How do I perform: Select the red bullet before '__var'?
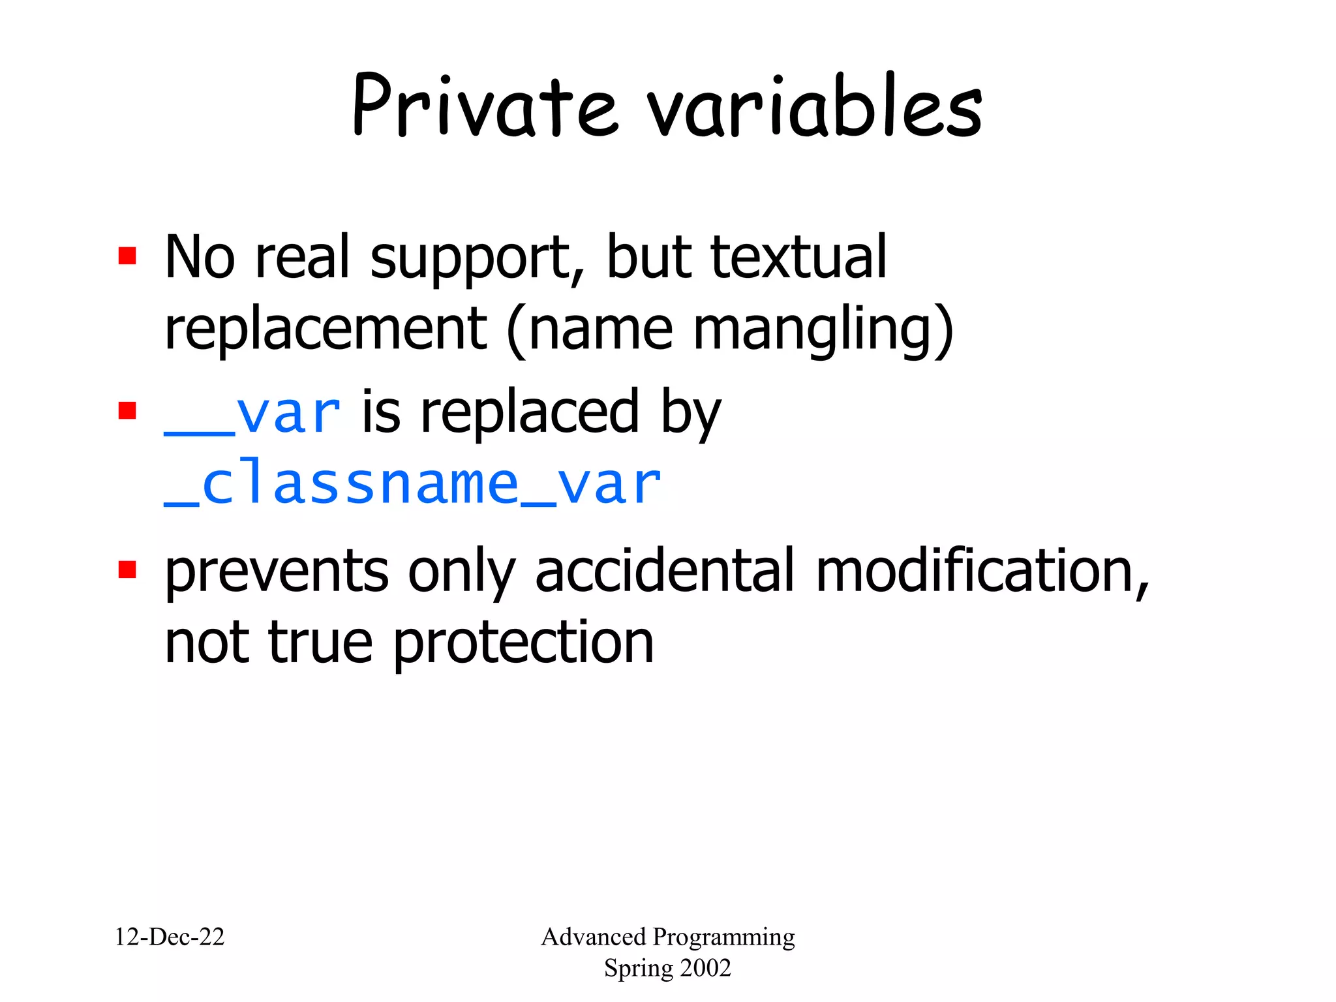pos(127,411)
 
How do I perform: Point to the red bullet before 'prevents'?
pos(127,569)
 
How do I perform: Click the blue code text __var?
pos(252,414)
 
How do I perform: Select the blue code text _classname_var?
pos(413,485)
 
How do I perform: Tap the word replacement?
pos(326,329)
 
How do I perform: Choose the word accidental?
pos(665,572)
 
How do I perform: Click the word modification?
pos(982,572)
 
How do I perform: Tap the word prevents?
pos(277,572)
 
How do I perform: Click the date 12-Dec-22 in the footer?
pos(170,937)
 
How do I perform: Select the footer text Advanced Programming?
pos(667,937)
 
